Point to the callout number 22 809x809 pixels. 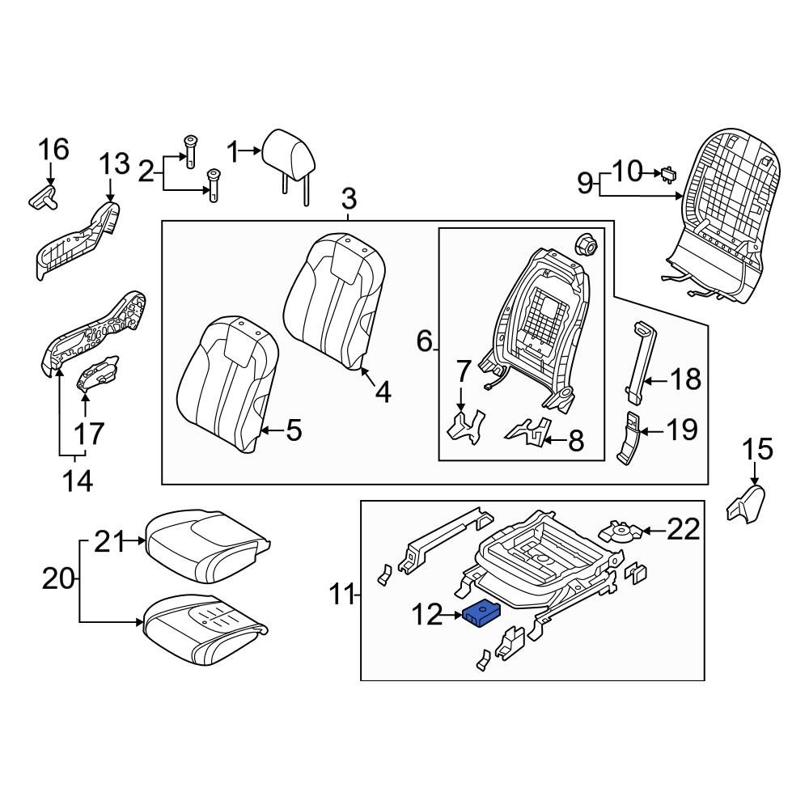[684, 530]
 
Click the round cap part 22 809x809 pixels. [620, 532]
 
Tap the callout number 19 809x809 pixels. [681, 429]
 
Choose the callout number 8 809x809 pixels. [575, 441]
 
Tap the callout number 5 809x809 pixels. [294, 430]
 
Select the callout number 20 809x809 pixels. [59, 579]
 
